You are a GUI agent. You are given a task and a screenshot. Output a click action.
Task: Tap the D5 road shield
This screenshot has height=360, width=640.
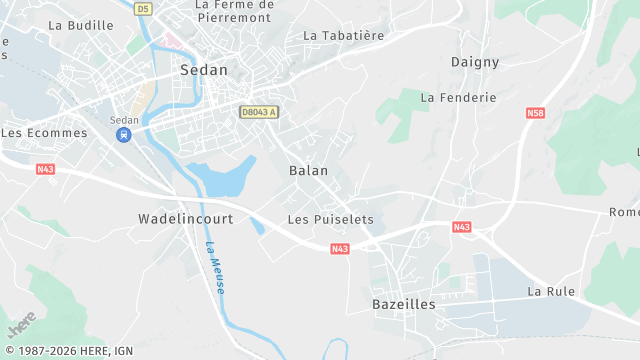point(144,9)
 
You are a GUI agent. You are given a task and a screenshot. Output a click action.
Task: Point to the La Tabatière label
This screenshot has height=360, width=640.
point(343,35)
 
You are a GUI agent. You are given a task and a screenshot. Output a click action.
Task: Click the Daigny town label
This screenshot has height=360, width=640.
point(474,62)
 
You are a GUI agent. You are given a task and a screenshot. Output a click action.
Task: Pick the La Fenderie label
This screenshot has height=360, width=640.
point(458,98)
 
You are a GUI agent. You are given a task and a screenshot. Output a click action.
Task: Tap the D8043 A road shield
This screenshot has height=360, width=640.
point(258,112)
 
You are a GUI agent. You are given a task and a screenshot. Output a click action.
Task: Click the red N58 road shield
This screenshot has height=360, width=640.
point(534,114)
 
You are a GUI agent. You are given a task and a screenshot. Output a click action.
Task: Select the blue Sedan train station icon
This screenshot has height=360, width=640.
point(124,135)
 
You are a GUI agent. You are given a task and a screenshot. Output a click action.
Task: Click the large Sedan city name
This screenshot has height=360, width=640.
point(203,71)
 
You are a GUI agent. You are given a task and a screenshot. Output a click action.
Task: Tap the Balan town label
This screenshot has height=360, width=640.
point(308,171)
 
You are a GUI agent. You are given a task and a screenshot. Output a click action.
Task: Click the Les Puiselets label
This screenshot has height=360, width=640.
point(330,219)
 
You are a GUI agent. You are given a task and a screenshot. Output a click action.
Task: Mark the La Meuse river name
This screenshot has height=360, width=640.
point(215,267)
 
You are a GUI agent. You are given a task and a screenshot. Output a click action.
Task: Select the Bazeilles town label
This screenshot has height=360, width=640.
point(403,304)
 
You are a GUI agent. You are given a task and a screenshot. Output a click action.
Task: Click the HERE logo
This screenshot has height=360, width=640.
point(21,324)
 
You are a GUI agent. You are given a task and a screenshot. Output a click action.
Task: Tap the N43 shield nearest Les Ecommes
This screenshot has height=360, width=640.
point(45,169)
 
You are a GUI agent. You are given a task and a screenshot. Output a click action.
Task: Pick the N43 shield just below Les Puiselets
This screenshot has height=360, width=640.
point(340,248)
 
